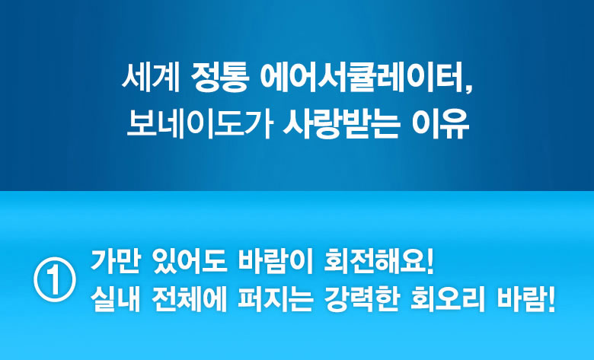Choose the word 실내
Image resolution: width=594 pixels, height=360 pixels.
[115, 298]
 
